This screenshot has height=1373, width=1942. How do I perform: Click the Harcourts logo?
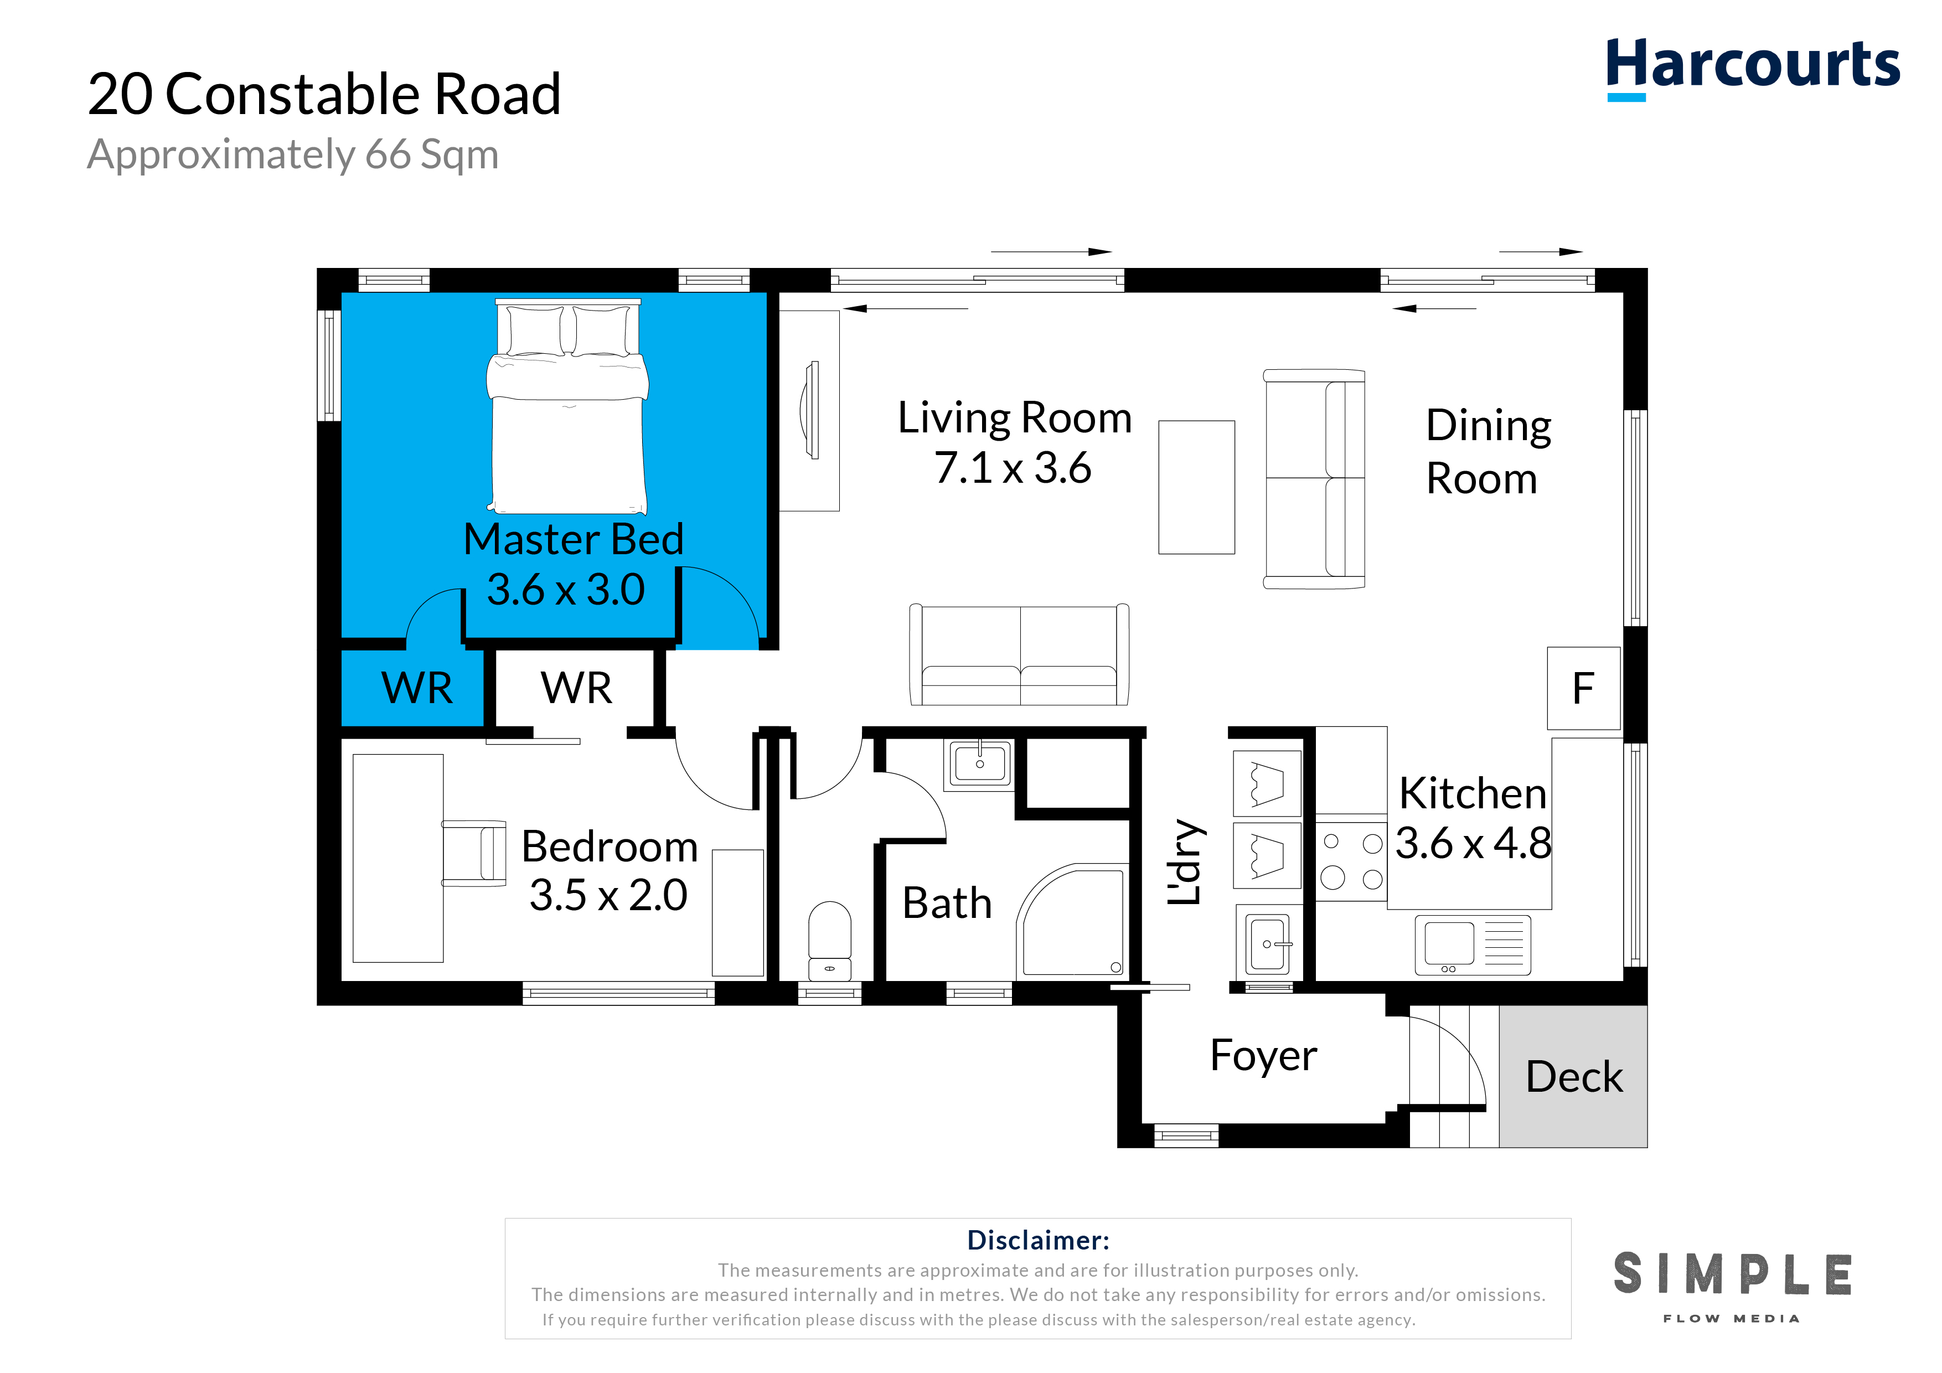tap(1753, 68)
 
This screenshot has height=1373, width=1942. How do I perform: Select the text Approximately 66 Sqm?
tap(293, 155)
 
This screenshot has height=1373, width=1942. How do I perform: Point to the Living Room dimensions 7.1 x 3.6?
tap(1013, 468)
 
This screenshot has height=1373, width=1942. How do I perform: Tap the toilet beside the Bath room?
tap(830, 941)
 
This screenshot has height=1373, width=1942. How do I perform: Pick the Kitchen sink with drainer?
tap(1473, 945)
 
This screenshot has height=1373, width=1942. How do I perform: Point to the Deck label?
tap(1574, 1077)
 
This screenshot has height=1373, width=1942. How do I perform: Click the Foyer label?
tap(1264, 1056)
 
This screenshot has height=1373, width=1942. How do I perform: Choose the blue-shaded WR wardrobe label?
tap(417, 688)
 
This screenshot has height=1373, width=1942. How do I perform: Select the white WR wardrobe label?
tap(576, 687)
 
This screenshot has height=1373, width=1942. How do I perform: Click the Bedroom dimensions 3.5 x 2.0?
tap(608, 895)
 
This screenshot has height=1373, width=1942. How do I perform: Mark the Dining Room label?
tap(1488, 452)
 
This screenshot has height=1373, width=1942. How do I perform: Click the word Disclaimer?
tap(1038, 1240)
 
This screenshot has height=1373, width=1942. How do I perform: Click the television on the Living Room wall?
tap(810, 410)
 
